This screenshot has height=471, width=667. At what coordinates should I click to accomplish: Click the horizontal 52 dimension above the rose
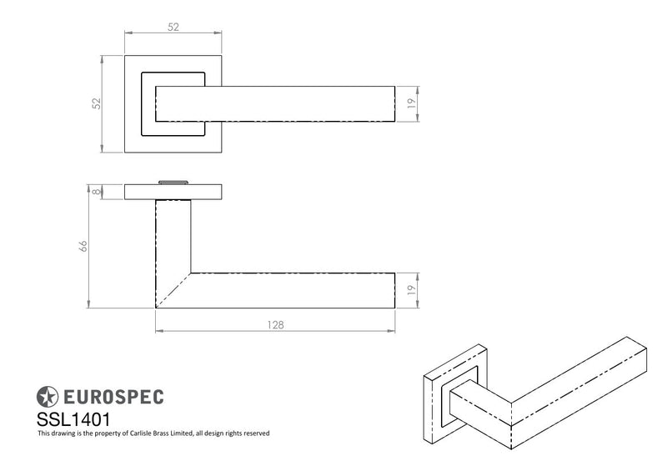pyautogui.click(x=173, y=28)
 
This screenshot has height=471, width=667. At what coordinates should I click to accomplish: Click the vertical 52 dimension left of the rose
pyautogui.click(x=97, y=103)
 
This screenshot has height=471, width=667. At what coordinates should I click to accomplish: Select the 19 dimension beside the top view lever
pyautogui.click(x=411, y=103)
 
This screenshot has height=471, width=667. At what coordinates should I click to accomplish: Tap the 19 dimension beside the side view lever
pyautogui.click(x=411, y=290)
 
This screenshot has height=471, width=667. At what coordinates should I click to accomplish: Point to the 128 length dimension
pyautogui.click(x=275, y=325)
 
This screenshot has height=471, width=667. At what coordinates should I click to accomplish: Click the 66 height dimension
pyautogui.click(x=83, y=246)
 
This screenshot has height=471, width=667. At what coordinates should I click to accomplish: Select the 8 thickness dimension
pyautogui.click(x=98, y=192)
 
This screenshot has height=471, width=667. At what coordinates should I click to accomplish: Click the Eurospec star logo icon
pyautogui.click(x=47, y=397)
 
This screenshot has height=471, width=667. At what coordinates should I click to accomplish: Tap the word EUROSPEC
pyautogui.click(x=113, y=397)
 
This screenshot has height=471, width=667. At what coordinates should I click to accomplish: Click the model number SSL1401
pyautogui.click(x=73, y=419)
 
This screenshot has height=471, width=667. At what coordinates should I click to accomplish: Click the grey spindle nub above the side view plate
pyautogui.click(x=173, y=183)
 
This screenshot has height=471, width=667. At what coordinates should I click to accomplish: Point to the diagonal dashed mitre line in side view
pyautogui.click(x=173, y=290)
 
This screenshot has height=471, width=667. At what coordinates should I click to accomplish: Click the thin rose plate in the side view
pyautogui.click(x=173, y=192)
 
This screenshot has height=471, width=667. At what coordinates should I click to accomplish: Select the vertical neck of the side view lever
pyautogui.click(x=173, y=236)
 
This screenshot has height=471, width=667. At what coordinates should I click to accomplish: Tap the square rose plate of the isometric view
pyautogui.click(x=455, y=394)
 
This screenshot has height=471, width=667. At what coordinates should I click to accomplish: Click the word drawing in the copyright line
pyautogui.click(x=63, y=433)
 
